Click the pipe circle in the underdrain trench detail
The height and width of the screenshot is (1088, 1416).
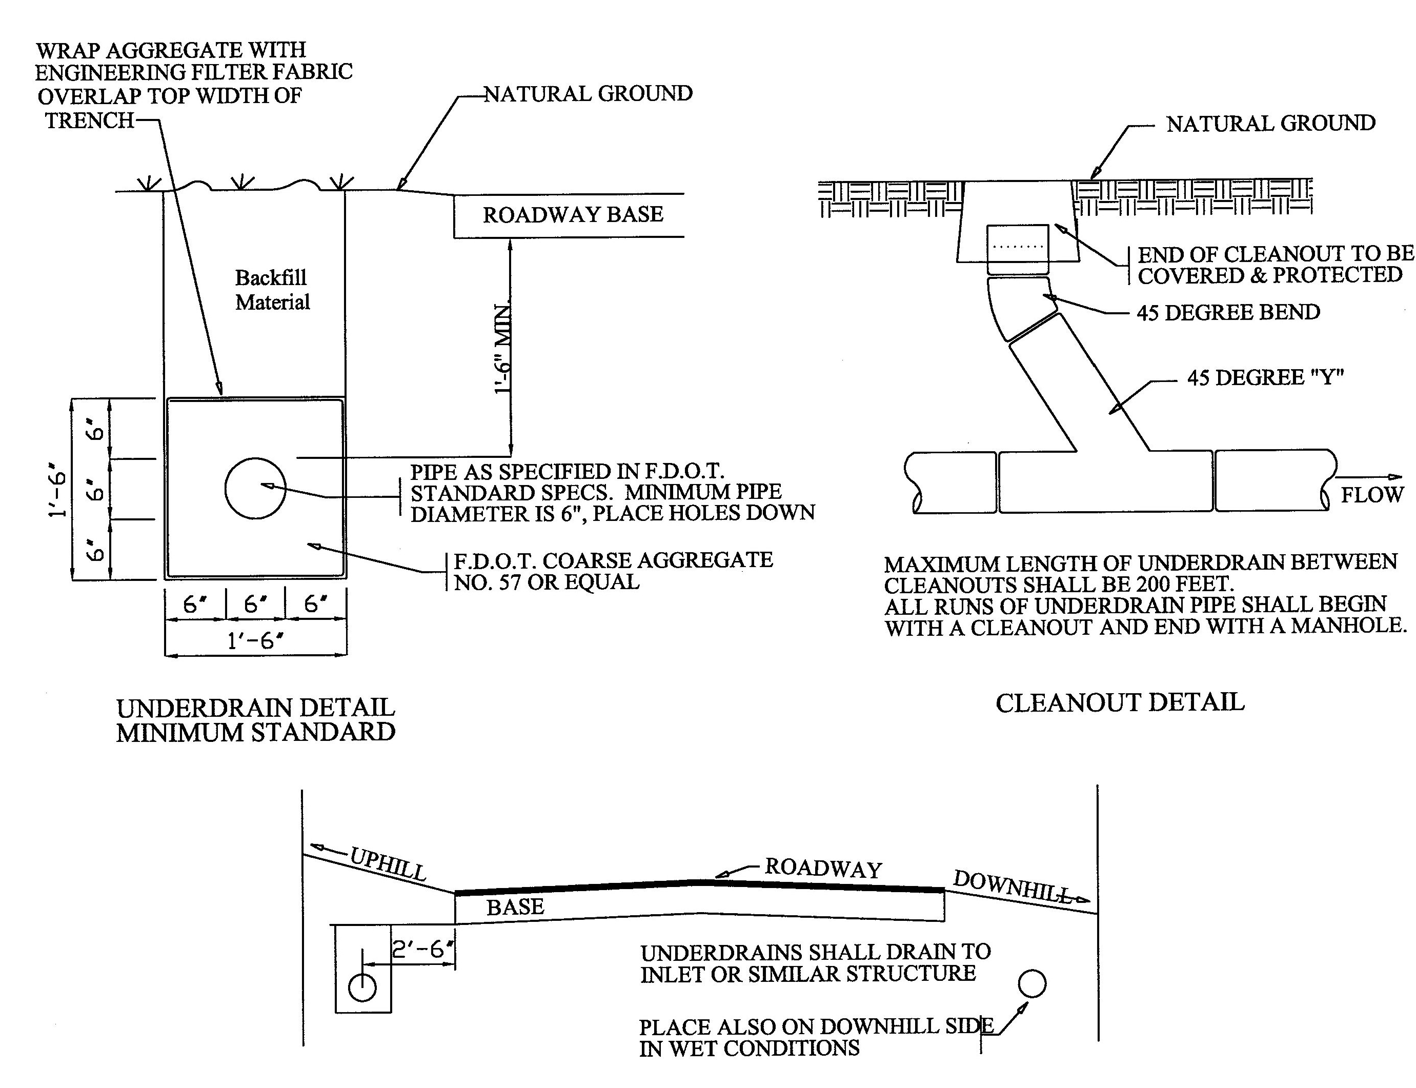[x=255, y=488]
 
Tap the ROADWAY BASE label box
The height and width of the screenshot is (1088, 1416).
[x=573, y=215]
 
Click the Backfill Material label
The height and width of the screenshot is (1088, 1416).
[x=272, y=290]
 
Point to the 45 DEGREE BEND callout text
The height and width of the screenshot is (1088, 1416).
[x=1227, y=312]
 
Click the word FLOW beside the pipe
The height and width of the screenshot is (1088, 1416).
[x=1371, y=495]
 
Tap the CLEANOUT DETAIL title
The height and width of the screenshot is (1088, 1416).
[x=1120, y=702]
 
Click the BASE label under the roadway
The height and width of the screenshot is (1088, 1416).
[x=515, y=906]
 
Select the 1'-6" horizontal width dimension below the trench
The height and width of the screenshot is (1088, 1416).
[x=256, y=640]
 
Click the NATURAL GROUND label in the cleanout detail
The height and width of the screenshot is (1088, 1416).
[x=1270, y=123]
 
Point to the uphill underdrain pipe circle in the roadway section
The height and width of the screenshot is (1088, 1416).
[x=362, y=988]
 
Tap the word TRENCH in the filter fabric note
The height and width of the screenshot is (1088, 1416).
[x=89, y=120]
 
